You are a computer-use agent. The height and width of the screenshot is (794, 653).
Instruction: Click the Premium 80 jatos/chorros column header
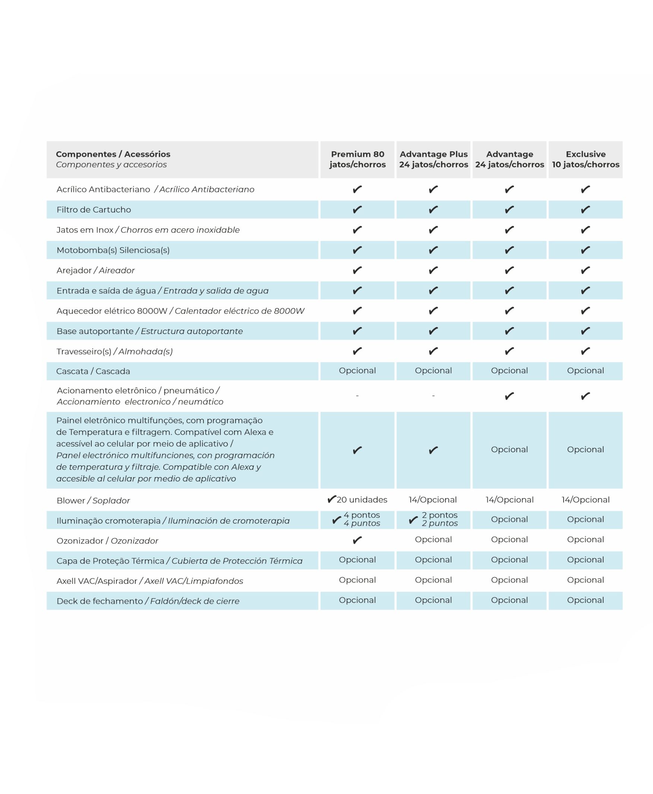coord(357,159)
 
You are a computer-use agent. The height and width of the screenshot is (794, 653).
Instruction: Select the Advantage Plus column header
coord(433,159)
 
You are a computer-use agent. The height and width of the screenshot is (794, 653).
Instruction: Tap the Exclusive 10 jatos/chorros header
coord(585,159)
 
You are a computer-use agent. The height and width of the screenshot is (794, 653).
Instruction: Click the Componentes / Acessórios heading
coord(113,154)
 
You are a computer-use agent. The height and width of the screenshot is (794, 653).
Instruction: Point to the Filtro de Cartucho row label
coord(94,210)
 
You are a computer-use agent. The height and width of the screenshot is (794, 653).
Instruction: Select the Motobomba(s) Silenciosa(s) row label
coord(113,250)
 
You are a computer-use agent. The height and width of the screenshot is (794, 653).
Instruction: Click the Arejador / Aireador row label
coord(95,270)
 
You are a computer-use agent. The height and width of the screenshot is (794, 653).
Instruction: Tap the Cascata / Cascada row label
coord(93,371)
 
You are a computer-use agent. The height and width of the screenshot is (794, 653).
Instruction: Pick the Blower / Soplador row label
coord(93,501)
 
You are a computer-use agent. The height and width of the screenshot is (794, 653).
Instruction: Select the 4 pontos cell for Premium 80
coord(361,519)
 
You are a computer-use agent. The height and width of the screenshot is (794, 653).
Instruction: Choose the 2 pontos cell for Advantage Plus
coord(439,519)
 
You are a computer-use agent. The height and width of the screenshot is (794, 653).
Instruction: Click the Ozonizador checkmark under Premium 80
coord(357,540)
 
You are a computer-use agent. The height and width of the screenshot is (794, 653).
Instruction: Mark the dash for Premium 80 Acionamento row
coord(357,396)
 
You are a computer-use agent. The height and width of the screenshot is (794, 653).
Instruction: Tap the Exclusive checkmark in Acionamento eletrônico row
coord(585,396)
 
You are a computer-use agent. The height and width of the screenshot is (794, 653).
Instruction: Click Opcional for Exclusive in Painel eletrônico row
coord(585,450)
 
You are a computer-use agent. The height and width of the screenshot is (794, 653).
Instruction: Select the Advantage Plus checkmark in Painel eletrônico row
coord(433,450)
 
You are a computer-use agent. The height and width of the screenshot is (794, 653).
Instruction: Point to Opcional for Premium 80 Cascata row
coord(357,371)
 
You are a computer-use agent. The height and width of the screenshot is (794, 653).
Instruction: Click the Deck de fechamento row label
coord(148,601)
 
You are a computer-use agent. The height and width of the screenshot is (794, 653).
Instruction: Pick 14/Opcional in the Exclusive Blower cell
coord(585,500)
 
